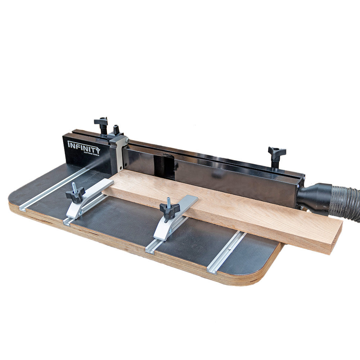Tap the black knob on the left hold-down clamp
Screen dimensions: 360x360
(x=75, y=195)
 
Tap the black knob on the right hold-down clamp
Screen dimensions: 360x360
(x=169, y=211)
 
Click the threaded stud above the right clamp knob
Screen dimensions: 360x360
(x=168, y=202)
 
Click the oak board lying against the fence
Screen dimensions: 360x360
(x=223, y=209)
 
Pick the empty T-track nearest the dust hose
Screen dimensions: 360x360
(x=227, y=252)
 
